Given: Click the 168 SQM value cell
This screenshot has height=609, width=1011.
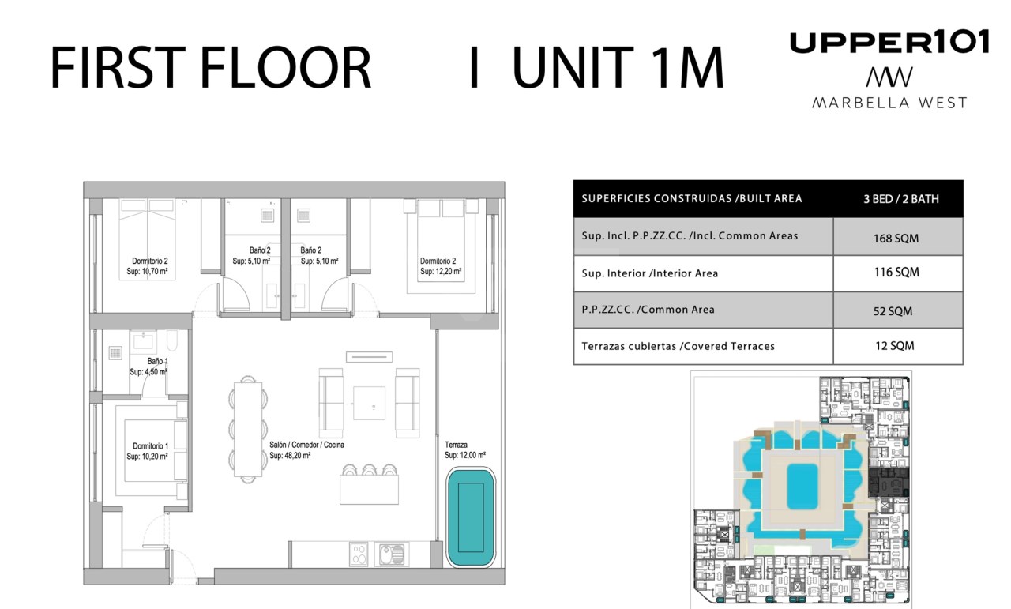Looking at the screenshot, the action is [x=896, y=238].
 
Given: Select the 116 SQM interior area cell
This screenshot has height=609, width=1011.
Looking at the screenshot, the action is [x=896, y=273].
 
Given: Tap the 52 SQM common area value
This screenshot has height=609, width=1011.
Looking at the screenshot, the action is [x=893, y=311].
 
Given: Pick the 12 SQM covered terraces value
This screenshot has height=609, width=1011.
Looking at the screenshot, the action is [x=895, y=346].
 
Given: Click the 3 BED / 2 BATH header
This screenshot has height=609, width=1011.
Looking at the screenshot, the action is [x=901, y=199].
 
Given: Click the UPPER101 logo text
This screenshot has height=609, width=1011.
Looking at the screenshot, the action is [x=889, y=42].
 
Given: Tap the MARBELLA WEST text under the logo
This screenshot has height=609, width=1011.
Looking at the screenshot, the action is [x=889, y=103].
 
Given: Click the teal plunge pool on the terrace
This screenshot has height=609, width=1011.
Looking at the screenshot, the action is [x=472, y=517].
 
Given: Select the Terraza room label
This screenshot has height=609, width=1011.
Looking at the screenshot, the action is [x=456, y=445].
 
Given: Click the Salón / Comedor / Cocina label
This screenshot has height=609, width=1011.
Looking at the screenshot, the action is [x=307, y=445].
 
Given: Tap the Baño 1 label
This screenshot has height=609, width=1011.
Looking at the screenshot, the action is [x=157, y=361].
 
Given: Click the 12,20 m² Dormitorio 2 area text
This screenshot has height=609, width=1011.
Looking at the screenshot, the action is [x=441, y=271].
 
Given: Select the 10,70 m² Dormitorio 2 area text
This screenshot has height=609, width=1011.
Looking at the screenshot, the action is [x=147, y=271].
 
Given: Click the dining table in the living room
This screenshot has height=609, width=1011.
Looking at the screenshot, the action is [x=248, y=430].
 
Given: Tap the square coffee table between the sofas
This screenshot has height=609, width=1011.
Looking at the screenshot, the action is [x=369, y=404].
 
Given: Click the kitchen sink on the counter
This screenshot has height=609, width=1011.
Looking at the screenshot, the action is [x=391, y=554].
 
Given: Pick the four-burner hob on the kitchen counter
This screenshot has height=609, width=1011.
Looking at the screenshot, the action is [x=359, y=554].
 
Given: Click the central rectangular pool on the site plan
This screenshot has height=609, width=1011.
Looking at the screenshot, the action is [x=802, y=487].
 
